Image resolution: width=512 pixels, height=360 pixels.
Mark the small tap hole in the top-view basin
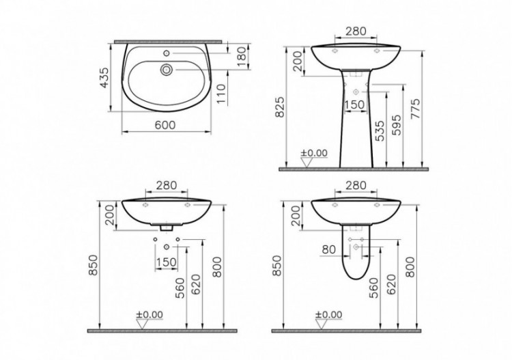point(165,52)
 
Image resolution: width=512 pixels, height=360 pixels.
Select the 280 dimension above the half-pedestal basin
point(356,186)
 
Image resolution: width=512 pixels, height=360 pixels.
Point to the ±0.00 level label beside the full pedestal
point(317,153)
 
